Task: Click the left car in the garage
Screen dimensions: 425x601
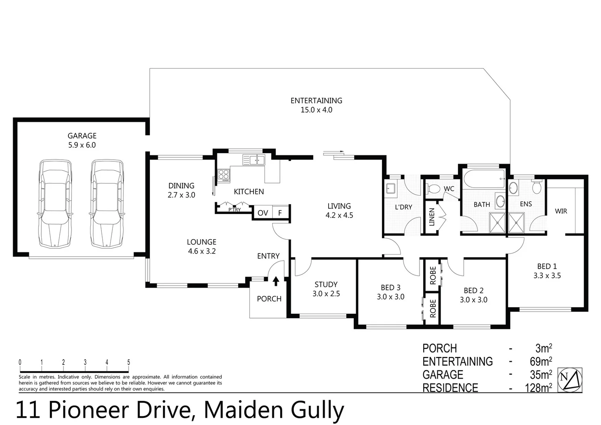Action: [55, 203]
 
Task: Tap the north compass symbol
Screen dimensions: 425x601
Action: [570, 380]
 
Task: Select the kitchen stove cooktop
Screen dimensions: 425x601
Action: [224, 175]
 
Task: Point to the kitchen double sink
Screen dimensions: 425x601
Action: [254, 160]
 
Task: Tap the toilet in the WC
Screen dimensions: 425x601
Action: [433, 188]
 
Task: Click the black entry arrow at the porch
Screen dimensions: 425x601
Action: [276, 281]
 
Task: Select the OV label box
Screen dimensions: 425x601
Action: [263, 213]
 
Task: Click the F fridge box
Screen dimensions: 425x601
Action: [280, 213]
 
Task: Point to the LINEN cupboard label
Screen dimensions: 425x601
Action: [432, 217]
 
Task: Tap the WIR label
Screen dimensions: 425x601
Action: [561, 211]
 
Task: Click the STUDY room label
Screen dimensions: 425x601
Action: [326, 285]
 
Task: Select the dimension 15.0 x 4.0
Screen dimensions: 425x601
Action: [316, 110]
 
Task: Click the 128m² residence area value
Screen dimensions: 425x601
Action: [539, 388]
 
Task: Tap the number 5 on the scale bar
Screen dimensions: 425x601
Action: [129, 362]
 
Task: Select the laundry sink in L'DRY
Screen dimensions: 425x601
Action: [391, 188]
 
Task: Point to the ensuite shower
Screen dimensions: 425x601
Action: [516, 223]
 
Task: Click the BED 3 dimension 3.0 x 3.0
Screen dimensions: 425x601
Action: [390, 297]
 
